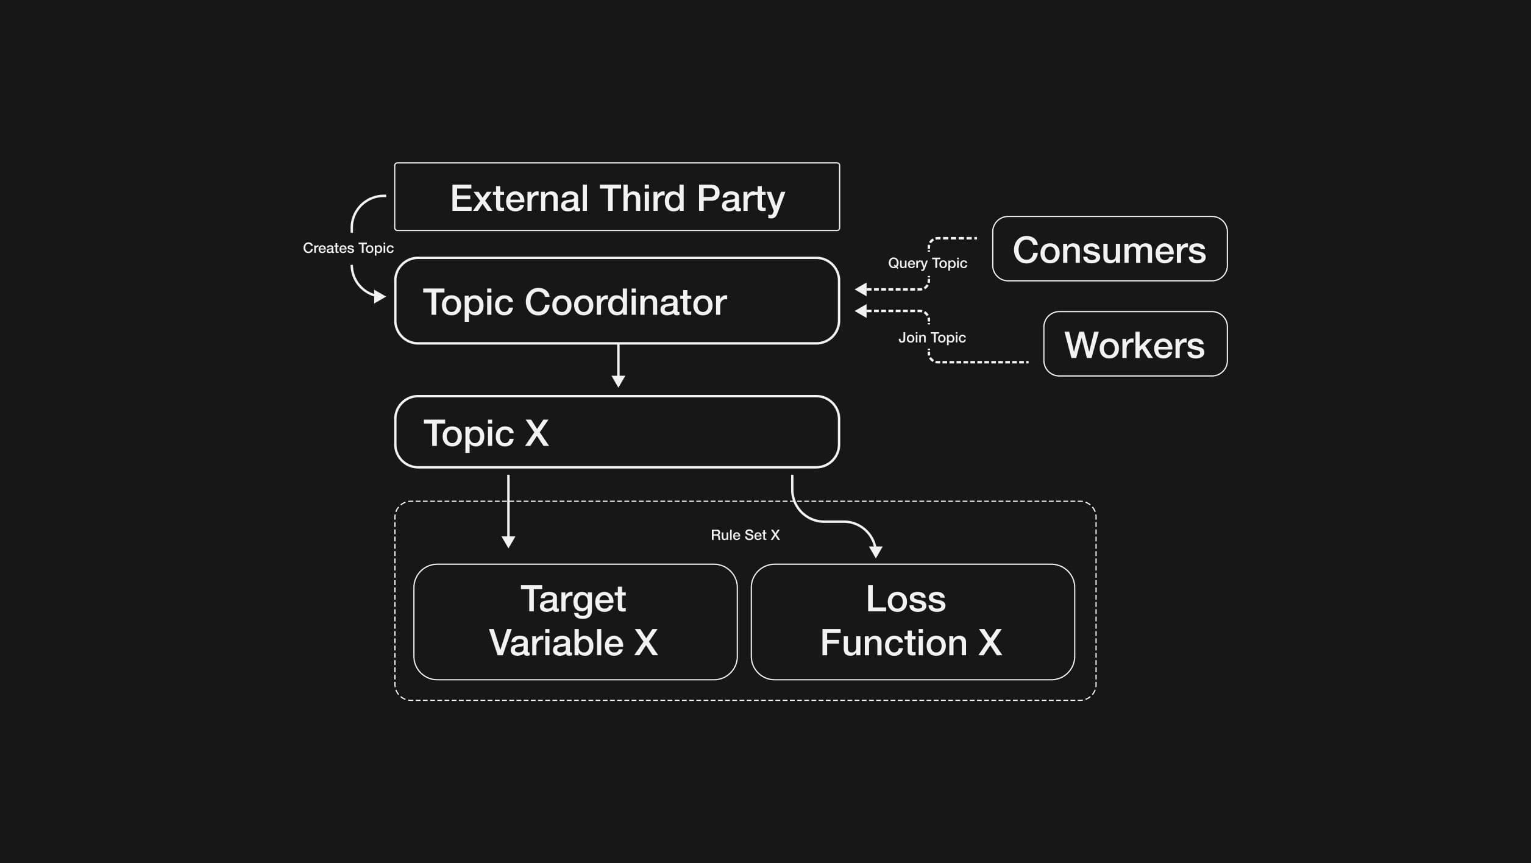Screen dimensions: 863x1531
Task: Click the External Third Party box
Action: pyautogui.click(x=617, y=196)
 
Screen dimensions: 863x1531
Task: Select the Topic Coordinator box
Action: pyautogui.click(x=617, y=300)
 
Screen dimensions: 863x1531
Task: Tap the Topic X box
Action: pyautogui.click(x=617, y=431)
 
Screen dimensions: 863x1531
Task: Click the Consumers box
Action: pyautogui.click(x=1109, y=249)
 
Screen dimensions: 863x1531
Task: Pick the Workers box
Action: pyautogui.click(x=1135, y=344)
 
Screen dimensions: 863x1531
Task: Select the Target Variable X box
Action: pyautogui.click(x=575, y=622)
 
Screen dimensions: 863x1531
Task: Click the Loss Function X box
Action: pyautogui.click(x=912, y=622)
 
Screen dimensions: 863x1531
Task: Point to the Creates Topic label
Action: pyautogui.click(x=348, y=248)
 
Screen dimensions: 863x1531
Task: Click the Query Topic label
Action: pyautogui.click(x=927, y=263)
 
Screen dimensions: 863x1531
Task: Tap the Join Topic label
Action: pyautogui.click(x=931, y=338)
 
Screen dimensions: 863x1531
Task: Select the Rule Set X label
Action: pyautogui.click(x=745, y=535)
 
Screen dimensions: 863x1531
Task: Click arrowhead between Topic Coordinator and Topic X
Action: pyautogui.click(x=618, y=382)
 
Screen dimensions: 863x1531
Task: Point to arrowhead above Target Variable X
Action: pyautogui.click(x=508, y=542)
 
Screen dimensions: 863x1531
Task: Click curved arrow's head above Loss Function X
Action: pyautogui.click(x=876, y=552)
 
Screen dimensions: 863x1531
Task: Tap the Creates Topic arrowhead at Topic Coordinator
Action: pyautogui.click(x=380, y=297)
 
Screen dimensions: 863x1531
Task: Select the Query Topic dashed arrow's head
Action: pyautogui.click(x=861, y=289)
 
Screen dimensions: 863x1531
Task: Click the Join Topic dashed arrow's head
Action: pyautogui.click(x=861, y=311)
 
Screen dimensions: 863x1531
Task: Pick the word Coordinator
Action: pyautogui.click(x=625, y=302)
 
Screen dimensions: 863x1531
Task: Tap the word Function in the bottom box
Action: pyautogui.click(x=893, y=643)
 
